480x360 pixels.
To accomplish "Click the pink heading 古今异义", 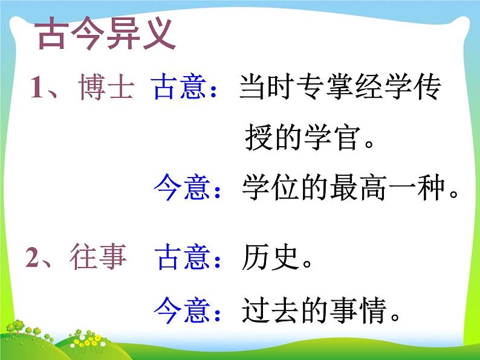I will coord(106,36).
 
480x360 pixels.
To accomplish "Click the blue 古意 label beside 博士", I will coord(181,89).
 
